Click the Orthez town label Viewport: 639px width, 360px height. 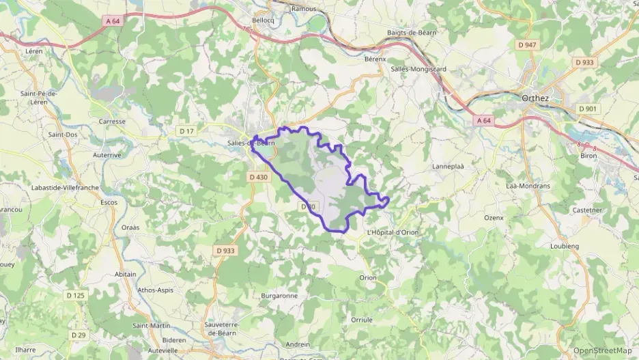pyautogui.click(x=536, y=98)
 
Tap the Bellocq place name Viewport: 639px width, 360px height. pyautogui.click(x=263, y=20)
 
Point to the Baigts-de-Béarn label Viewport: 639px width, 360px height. pyautogui.click(x=411, y=32)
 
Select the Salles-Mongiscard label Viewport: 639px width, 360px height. pyautogui.click(x=418, y=69)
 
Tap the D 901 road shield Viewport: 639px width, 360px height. pyautogui.click(x=587, y=109)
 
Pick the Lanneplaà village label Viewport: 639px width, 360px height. pyautogui.click(x=448, y=166)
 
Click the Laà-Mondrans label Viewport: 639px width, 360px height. pyautogui.click(x=528, y=186)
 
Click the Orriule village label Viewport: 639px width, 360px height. pyautogui.click(x=362, y=320)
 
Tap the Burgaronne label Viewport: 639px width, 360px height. pyautogui.click(x=279, y=296)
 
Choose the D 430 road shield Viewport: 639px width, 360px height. pyautogui.click(x=259, y=177)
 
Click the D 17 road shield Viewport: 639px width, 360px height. pyautogui.click(x=186, y=130)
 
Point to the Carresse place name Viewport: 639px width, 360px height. pyautogui.click(x=112, y=122)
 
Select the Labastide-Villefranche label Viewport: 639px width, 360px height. pyautogui.click(x=66, y=187)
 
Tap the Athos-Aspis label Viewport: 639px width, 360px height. pyautogui.click(x=156, y=290)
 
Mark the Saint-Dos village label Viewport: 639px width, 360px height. pyautogui.click(x=62, y=135)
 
